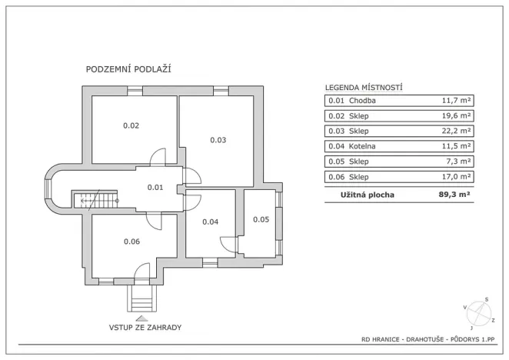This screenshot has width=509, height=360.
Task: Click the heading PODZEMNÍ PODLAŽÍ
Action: click(128, 69)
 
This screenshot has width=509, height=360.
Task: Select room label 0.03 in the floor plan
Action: click(218, 140)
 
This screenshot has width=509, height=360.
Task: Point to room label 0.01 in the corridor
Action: click(155, 187)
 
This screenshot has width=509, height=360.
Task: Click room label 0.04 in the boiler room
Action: click(210, 222)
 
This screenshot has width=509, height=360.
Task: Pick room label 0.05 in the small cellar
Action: click(261, 220)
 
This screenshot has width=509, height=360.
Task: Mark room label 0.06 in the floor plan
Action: click(131, 242)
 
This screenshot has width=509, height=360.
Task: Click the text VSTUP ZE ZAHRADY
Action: click(145, 327)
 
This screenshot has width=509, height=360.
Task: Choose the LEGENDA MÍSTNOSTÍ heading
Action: click(364, 88)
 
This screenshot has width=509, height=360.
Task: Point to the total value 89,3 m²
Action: click(454, 195)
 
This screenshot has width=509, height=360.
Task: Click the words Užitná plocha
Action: click(368, 195)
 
